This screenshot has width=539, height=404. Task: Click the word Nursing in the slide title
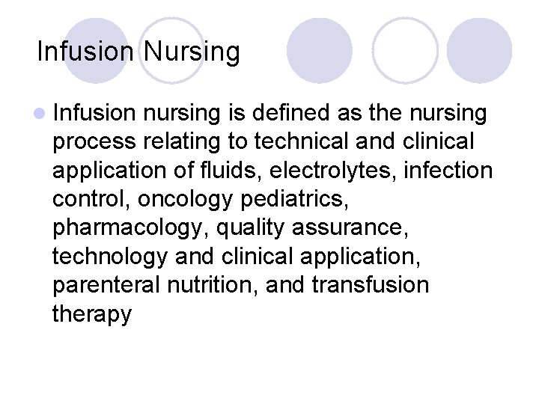coord(192,52)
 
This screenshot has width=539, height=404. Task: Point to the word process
coord(96,142)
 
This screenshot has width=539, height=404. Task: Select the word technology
coord(109,256)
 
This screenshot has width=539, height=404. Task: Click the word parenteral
coord(110,285)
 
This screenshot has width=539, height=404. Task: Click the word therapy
coord(91,314)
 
